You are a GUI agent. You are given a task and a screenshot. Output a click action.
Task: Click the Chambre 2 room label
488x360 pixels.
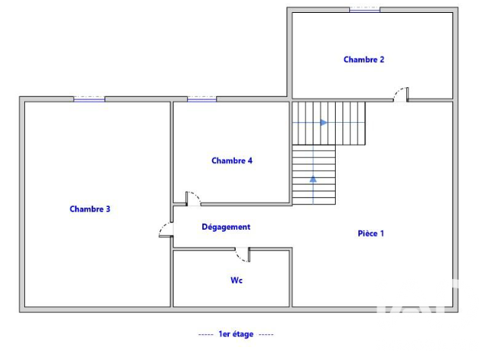[364, 59]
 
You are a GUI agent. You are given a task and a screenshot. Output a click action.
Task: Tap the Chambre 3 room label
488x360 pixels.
[90, 208]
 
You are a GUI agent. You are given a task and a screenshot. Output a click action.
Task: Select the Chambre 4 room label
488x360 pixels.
[232, 161]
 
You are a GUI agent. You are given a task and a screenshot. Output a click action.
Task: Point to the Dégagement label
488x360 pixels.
[226, 227]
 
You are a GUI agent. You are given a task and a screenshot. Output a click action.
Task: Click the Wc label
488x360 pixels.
[236, 280]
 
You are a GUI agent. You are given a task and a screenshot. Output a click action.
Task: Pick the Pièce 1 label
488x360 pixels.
[371, 233]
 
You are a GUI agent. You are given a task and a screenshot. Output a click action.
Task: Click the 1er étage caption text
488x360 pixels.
[236, 334]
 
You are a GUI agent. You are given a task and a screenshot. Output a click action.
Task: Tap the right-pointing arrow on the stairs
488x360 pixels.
[324, 123]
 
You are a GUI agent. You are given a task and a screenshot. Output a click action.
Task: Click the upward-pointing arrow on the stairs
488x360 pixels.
[313, 179]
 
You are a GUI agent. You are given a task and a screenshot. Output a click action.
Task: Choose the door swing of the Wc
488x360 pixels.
[242, 255]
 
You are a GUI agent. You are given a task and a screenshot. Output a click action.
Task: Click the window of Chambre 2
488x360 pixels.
[364, 10]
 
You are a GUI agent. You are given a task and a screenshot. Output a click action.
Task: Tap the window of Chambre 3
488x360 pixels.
[89, 99]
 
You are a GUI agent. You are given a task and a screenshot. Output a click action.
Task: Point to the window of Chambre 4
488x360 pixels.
[202, 99]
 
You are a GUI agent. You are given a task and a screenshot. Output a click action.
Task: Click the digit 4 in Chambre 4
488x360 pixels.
[250, 161]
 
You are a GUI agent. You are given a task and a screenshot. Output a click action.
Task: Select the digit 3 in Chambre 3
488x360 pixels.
[108, 208]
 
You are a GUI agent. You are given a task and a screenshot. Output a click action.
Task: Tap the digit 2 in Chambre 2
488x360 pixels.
[382, 59]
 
